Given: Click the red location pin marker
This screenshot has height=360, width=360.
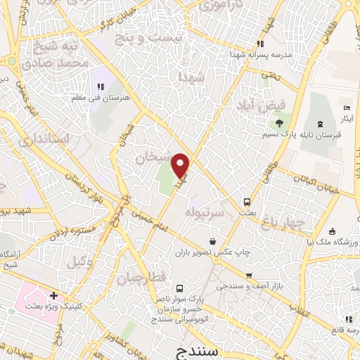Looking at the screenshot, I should (181, 165).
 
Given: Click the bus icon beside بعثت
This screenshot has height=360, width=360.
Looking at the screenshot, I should (246, 200).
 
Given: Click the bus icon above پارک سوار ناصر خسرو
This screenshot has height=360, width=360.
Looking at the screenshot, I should (180, 288).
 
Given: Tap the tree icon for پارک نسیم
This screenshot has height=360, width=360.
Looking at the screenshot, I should (279, 124).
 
